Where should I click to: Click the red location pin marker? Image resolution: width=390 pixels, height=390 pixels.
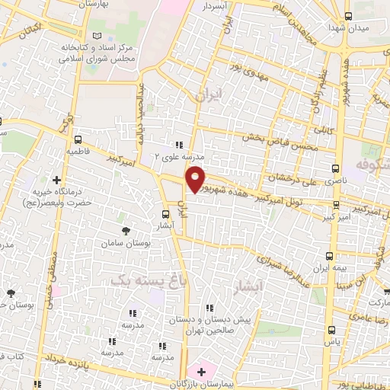click(x=196, y=178)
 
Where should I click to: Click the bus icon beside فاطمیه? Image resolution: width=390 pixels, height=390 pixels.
click(x=78, y=140)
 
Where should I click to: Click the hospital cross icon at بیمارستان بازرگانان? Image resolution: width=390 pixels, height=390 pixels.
click(x=201, y=372)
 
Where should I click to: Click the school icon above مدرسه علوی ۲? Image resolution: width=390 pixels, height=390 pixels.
click(x=179, y=144)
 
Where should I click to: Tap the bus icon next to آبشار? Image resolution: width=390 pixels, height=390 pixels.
click(x=167, y=214)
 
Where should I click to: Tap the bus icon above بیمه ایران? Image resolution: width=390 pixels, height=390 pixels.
click(x=329, y=256)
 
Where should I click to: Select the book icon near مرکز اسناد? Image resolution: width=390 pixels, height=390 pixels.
click(x=95, y=36)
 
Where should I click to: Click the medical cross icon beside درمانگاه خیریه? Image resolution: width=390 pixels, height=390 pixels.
click(x=57, y=180)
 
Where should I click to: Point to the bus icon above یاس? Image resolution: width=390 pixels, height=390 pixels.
click(x=331, y=330)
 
